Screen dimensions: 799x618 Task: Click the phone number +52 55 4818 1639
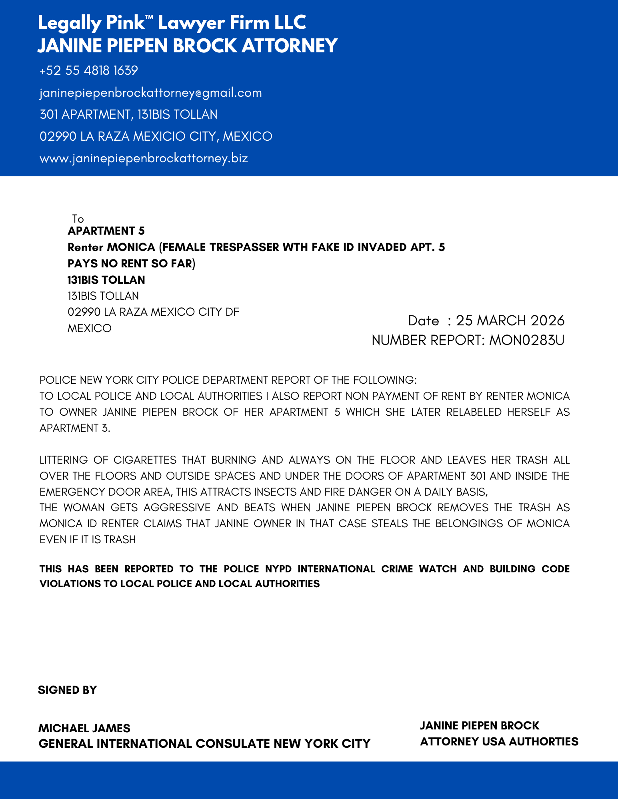[88, 71]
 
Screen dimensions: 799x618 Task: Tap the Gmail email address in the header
[151, 93]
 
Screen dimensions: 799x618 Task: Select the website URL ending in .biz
[144, 158]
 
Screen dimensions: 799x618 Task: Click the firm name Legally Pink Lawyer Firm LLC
[172, 23]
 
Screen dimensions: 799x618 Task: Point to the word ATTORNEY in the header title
[290, 46]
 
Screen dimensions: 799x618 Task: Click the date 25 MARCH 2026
[510, 321]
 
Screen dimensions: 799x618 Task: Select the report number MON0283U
[527, 340]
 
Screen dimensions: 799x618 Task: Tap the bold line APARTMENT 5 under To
[106, 231]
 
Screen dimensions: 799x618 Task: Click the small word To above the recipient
[78, 219]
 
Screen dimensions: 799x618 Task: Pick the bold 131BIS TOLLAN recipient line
[106, 280]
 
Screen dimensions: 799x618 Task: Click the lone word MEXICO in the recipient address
[90, 328]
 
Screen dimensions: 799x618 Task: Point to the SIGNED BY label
[67, 690]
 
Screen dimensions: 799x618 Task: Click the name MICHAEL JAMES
[84, 728]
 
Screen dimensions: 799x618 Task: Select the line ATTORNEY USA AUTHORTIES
[499, 742]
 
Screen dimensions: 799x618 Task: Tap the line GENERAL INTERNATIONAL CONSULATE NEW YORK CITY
[204, 743]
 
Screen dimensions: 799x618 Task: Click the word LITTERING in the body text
[64, 460]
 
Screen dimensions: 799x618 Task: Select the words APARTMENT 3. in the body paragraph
[75, 428]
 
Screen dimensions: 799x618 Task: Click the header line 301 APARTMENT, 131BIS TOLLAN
[128, 115]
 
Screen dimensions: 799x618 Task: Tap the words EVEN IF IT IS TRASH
[88, 540]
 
